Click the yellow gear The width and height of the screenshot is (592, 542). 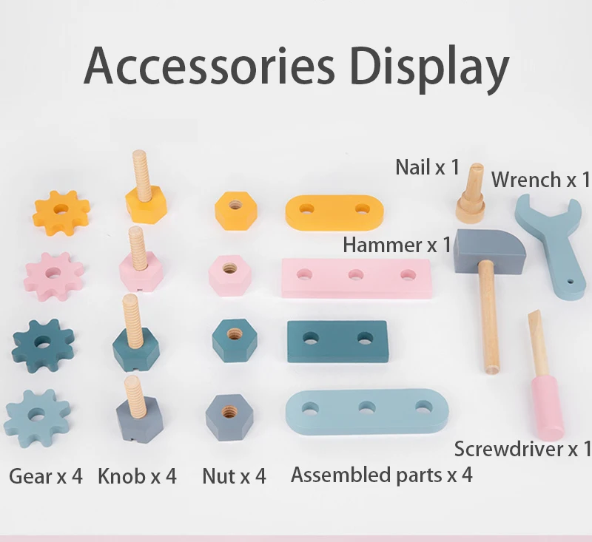point(61,212)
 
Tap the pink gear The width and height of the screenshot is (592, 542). point(53,275)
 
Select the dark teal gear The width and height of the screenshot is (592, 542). point(43,345)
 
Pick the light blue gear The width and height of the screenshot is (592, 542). point(37,412)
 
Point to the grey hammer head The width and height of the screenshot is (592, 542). point(489,249)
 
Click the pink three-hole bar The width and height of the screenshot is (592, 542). point(356,277)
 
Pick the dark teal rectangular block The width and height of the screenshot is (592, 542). point(337,341)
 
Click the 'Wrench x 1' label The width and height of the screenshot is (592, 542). point(541,179)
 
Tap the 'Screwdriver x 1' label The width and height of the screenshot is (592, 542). point(522,448)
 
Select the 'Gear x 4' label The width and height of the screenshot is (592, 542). point(46,475)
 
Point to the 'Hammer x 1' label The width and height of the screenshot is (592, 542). point(396,244)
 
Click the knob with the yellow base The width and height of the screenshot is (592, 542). point(145,196)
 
